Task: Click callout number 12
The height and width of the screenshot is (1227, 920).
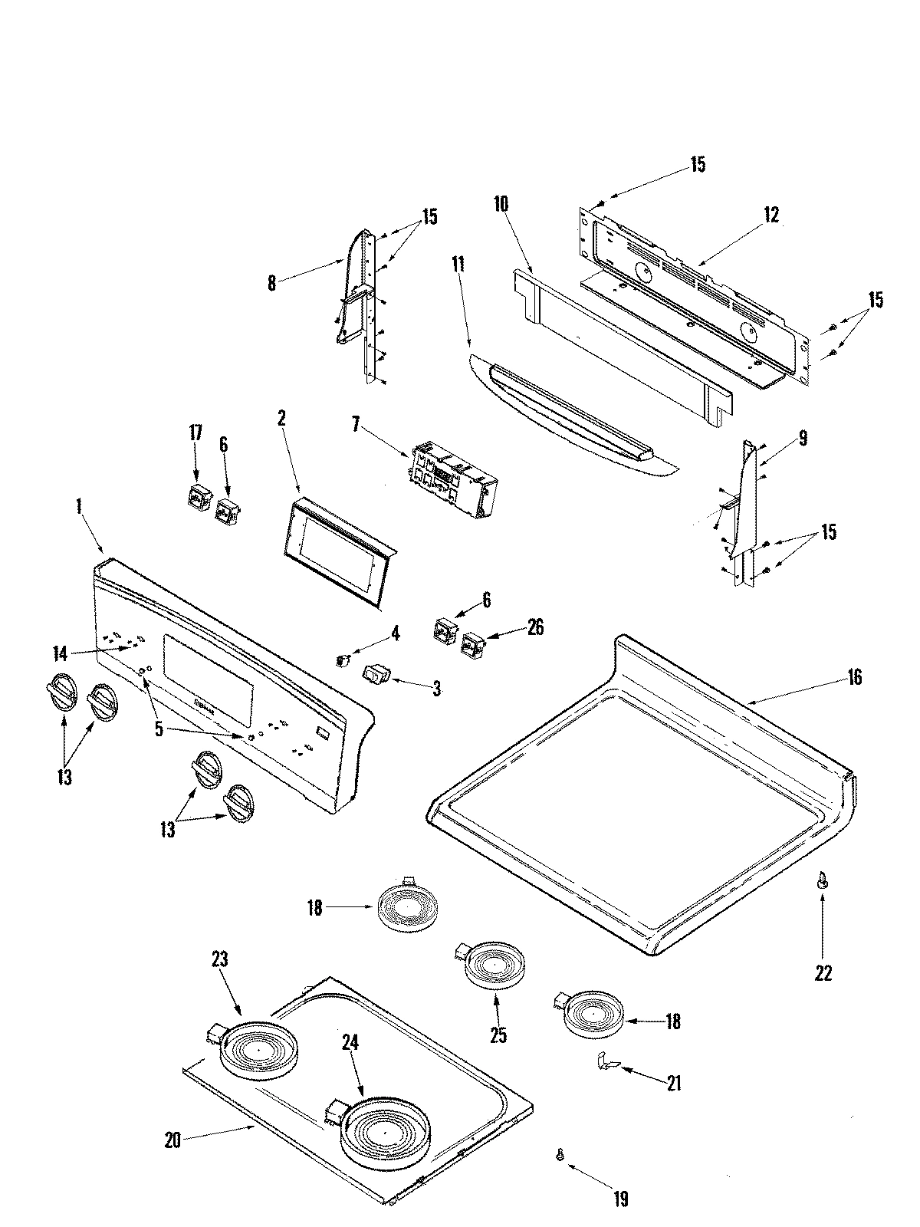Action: coord(771,215)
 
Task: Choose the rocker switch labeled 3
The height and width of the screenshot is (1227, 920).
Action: coord(376,675)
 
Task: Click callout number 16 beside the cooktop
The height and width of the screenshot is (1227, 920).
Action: coord(854,677)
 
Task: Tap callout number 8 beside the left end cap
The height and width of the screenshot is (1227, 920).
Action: coord(271,283)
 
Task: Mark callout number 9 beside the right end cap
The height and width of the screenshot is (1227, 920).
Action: coord(802,438)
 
